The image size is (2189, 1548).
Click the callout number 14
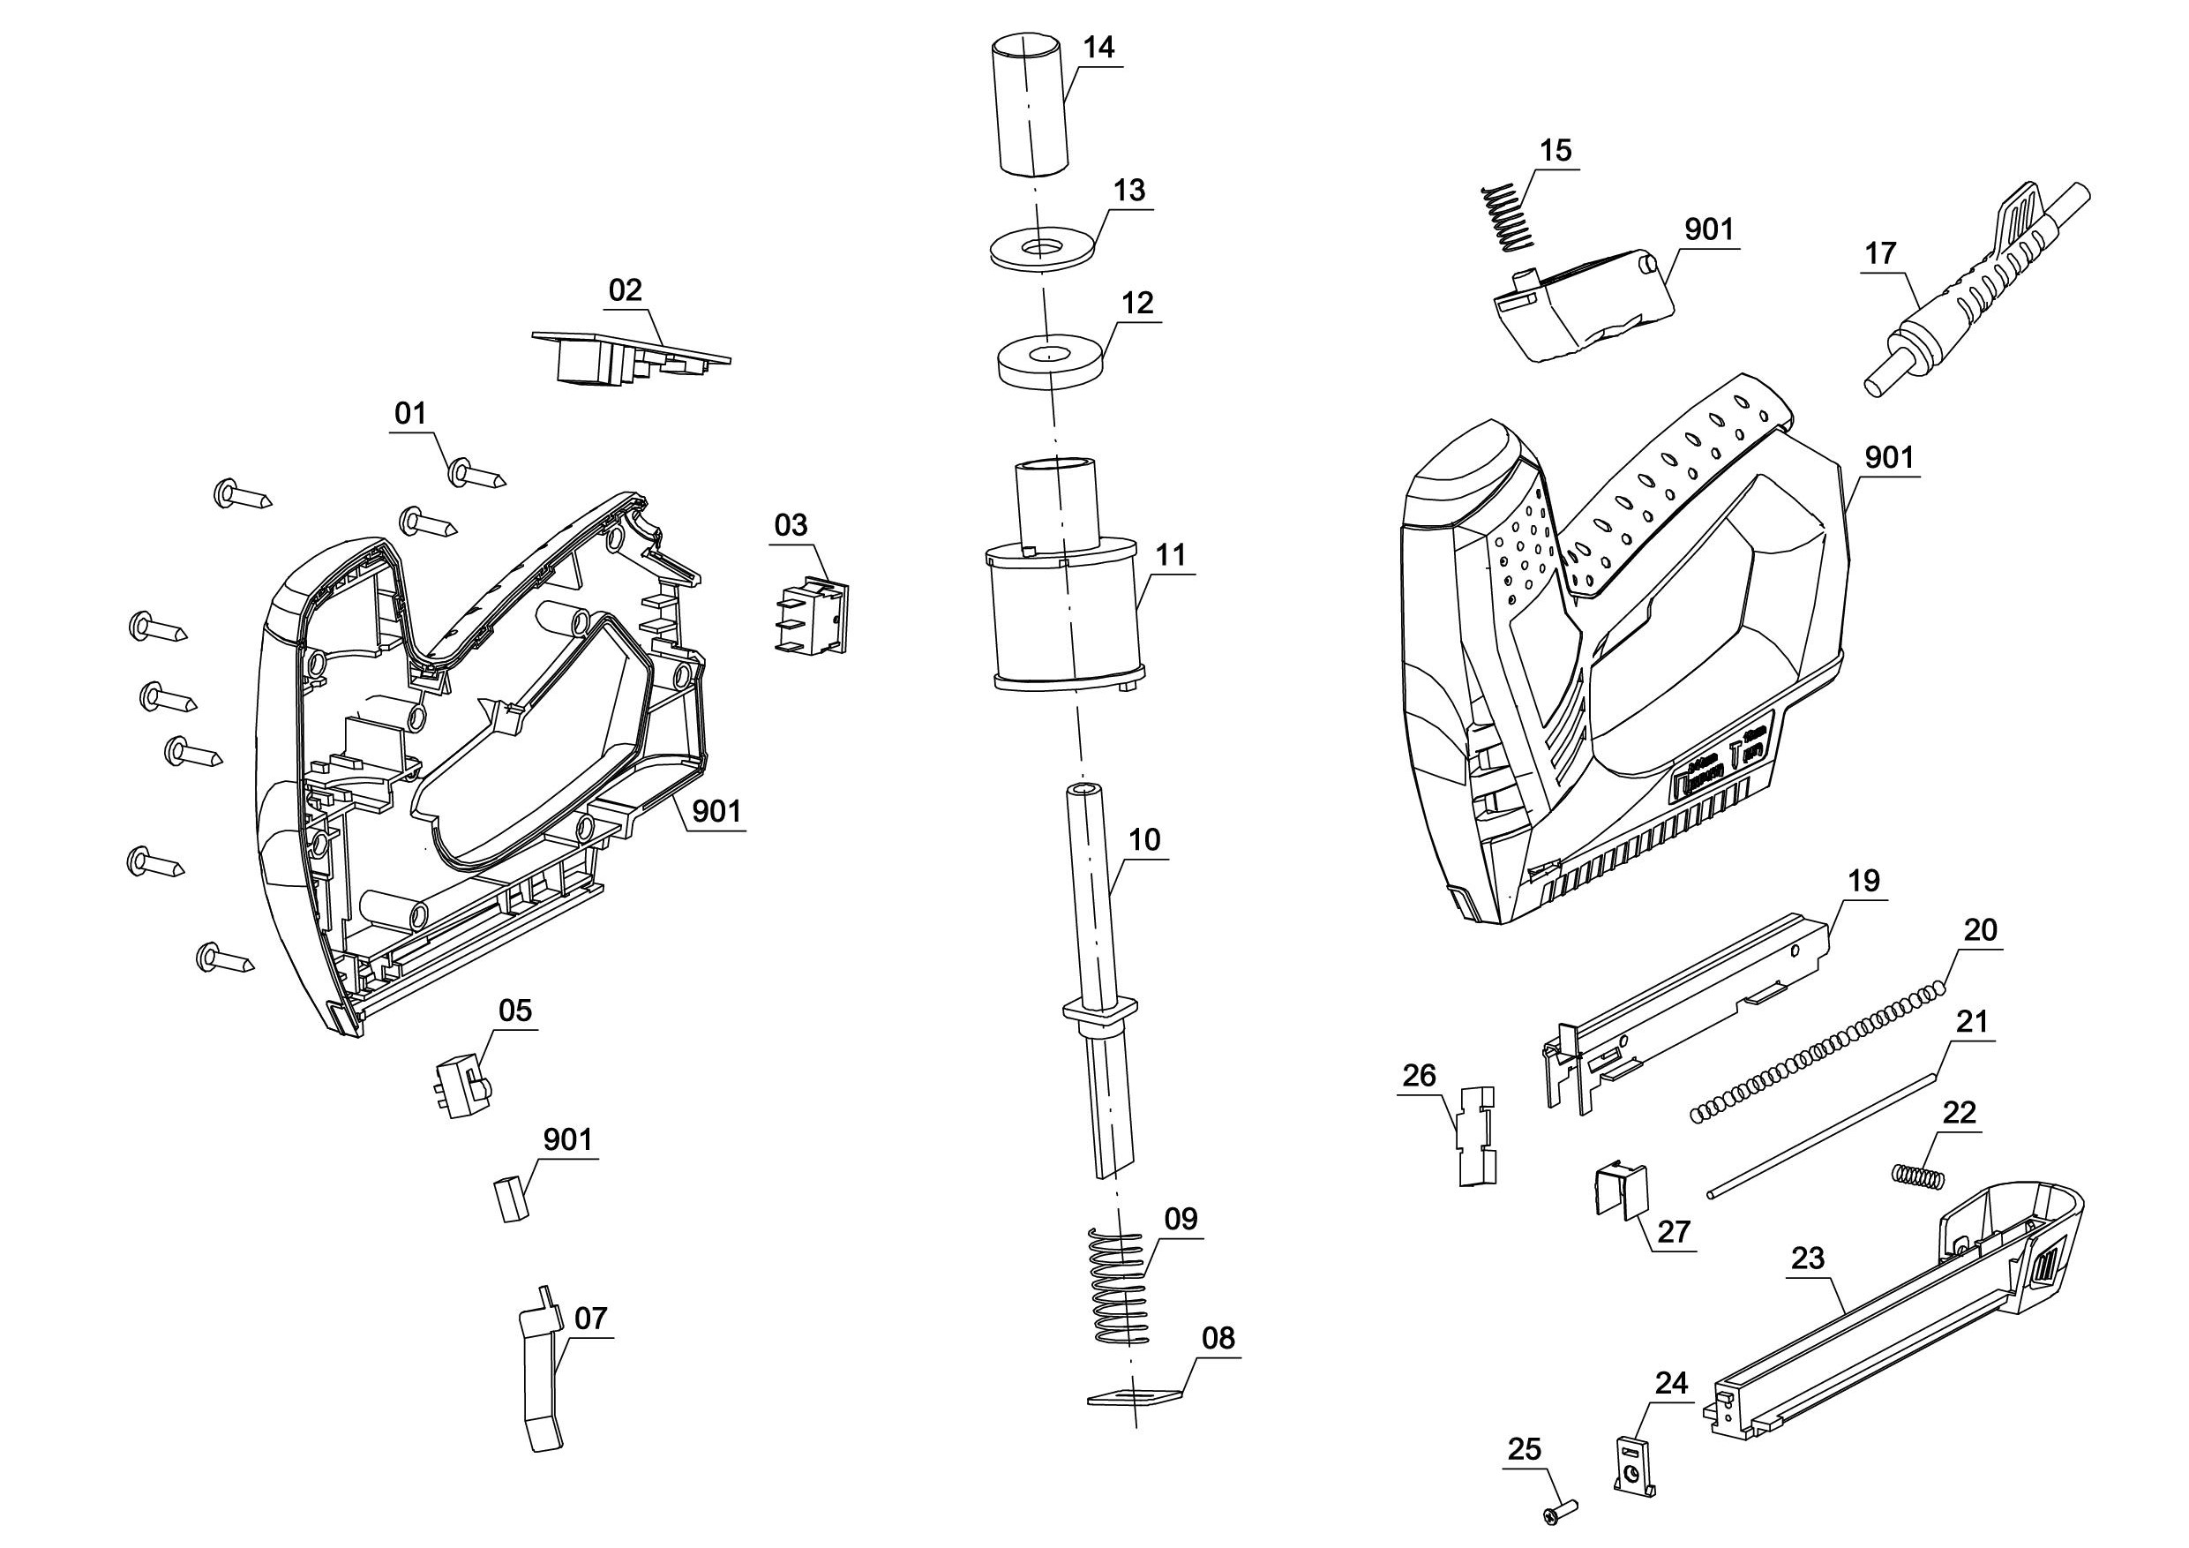point(1099,48)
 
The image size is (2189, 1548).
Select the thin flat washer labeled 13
point(1040,248)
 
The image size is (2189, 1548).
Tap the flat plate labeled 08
point(1135,1396)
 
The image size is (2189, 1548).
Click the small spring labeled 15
point(1507,217)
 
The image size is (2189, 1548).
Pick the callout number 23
point(1808,1259)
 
